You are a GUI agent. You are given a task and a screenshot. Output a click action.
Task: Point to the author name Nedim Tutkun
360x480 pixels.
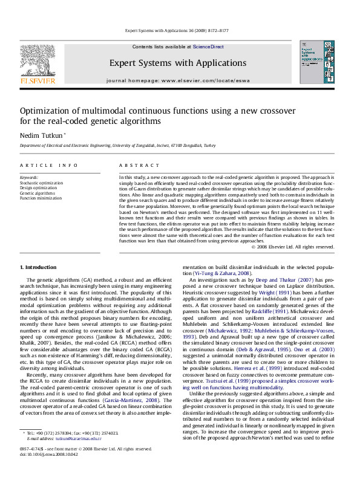[x=41, y=135]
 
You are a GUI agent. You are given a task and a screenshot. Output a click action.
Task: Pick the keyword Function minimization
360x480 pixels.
[x=41, y=198]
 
